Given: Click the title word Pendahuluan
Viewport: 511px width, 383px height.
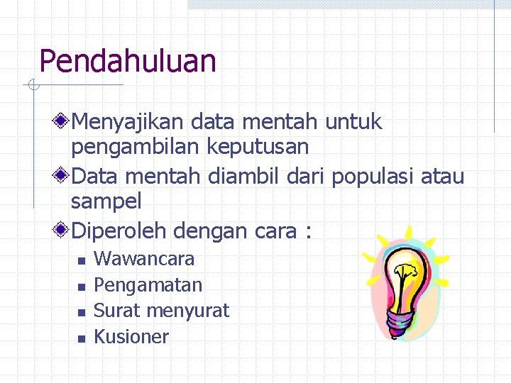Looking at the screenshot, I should click(x=128, y=61).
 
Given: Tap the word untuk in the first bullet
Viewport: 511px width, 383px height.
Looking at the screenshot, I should click(x=353, y=122).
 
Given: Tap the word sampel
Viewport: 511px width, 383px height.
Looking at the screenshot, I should click(x=106, y=201).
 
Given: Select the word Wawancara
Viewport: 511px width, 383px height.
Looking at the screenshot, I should click(x=144, y=259).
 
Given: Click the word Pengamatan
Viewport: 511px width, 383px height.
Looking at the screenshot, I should click(x=148, y=285).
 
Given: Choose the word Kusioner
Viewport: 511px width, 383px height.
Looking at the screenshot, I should click(x=131, y=337).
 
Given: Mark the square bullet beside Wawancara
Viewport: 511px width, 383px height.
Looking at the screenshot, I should click(x=81, y=261).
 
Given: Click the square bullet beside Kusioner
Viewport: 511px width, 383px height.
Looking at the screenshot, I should click(x=81, y=339).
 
